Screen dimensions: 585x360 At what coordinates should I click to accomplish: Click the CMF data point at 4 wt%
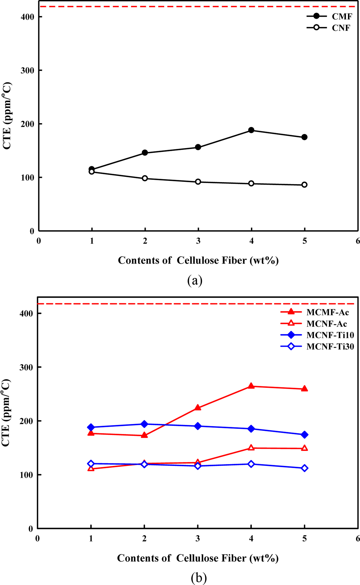(251, 130)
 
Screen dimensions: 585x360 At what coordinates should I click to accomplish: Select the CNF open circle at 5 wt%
(305, 185)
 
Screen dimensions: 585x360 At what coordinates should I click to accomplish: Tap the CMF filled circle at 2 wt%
(145, 153)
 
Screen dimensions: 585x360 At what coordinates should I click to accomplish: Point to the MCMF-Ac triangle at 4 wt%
(251, 386)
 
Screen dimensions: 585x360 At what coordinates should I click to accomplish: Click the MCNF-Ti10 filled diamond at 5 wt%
(305, 434)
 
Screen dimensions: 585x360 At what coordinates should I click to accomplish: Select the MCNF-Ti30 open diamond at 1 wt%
(91, 464)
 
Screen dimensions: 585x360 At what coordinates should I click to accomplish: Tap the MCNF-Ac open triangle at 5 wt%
(305, 448)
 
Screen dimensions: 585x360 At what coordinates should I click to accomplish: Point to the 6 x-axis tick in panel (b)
(357, 538)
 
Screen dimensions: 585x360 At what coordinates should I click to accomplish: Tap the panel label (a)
(195, 280)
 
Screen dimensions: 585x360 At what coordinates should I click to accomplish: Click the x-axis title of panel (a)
(198, 260)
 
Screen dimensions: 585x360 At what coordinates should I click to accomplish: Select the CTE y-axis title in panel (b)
(6, 412)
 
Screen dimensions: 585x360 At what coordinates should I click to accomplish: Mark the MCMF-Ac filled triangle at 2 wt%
(144, 435)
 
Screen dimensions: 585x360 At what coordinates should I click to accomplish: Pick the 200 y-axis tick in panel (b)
(26, 421)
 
